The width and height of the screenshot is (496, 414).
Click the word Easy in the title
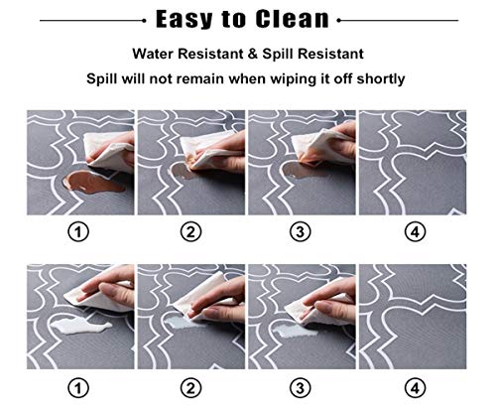coord(184,19)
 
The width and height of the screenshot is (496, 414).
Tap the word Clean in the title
coord(293,18)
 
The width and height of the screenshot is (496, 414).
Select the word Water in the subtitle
coord(153,54)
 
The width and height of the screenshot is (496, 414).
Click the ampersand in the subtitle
coord(253,54)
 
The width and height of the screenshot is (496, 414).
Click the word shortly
coord(381,79)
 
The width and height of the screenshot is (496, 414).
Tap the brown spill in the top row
coord(93,182)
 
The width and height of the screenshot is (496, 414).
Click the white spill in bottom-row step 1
coord(81,326)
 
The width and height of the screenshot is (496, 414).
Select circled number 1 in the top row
coord(78,232)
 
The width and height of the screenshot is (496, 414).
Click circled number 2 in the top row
coord(190,232)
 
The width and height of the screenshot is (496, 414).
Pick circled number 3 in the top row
coord(301,232)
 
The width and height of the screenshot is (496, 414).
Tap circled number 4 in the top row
coord(415,232)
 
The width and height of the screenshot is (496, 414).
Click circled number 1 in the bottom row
coord(78,388)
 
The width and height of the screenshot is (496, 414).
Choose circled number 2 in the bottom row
coord(190,388)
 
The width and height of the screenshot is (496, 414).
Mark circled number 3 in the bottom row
coord(301,388)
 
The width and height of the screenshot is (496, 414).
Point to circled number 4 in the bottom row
coord(415,388)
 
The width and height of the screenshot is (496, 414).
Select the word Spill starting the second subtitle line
coord(102,79)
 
